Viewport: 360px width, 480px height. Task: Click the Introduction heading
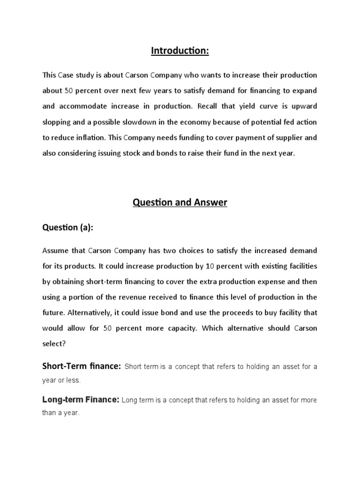[180, 51]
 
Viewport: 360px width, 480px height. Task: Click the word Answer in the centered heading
[209, 202]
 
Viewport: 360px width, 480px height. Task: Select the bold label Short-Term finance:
[82, 366]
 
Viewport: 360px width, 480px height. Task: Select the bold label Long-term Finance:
[81, 400]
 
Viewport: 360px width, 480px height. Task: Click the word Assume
[54, 250]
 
